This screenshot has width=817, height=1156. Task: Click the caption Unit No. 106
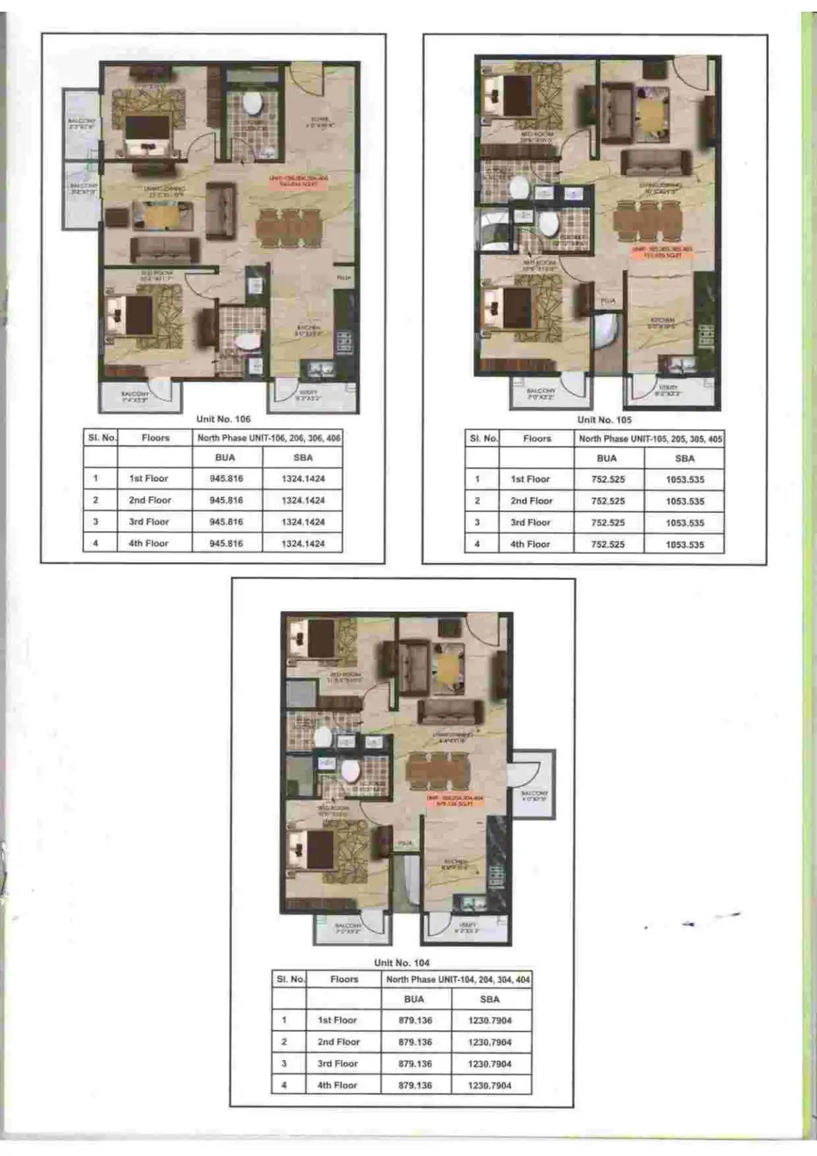click(x=223, y=419)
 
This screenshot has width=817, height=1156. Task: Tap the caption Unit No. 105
click(x=604, y=419)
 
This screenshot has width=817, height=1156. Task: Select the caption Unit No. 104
click(x=402, y=962)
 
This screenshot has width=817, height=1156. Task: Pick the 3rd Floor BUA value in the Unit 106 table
click(x=226, y=522)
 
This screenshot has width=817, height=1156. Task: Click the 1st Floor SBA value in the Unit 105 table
click(x=684, y=480)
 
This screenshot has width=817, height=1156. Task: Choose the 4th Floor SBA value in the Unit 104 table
click(x=490, y=1085)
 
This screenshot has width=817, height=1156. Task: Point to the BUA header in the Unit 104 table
click(x=414, y=999)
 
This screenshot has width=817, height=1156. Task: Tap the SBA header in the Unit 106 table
click(x=303, y=458)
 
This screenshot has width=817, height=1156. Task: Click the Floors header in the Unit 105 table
click(x=537, y=439)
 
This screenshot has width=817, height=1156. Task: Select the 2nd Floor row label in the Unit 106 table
click(x=150, y=500)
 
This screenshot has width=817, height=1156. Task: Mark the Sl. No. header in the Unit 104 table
click(x=290, y=980)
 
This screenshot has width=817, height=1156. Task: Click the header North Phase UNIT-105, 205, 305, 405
click(x=650, y=439)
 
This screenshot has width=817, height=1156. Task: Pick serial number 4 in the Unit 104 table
click(x=284, y=1085)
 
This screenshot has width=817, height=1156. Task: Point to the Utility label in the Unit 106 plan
click(x=307, y=395)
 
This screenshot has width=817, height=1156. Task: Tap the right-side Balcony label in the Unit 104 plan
click(x=533, y=796)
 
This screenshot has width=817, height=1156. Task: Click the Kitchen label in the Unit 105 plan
click(x=662, y=323)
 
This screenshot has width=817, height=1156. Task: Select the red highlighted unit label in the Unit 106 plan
click(x=299, y=181)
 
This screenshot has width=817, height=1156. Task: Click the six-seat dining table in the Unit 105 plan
click(x=647, y=219)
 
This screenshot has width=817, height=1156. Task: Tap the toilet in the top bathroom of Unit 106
click(x=252, y=104)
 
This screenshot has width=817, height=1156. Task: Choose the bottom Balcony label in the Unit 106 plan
click(x=135, y=396)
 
